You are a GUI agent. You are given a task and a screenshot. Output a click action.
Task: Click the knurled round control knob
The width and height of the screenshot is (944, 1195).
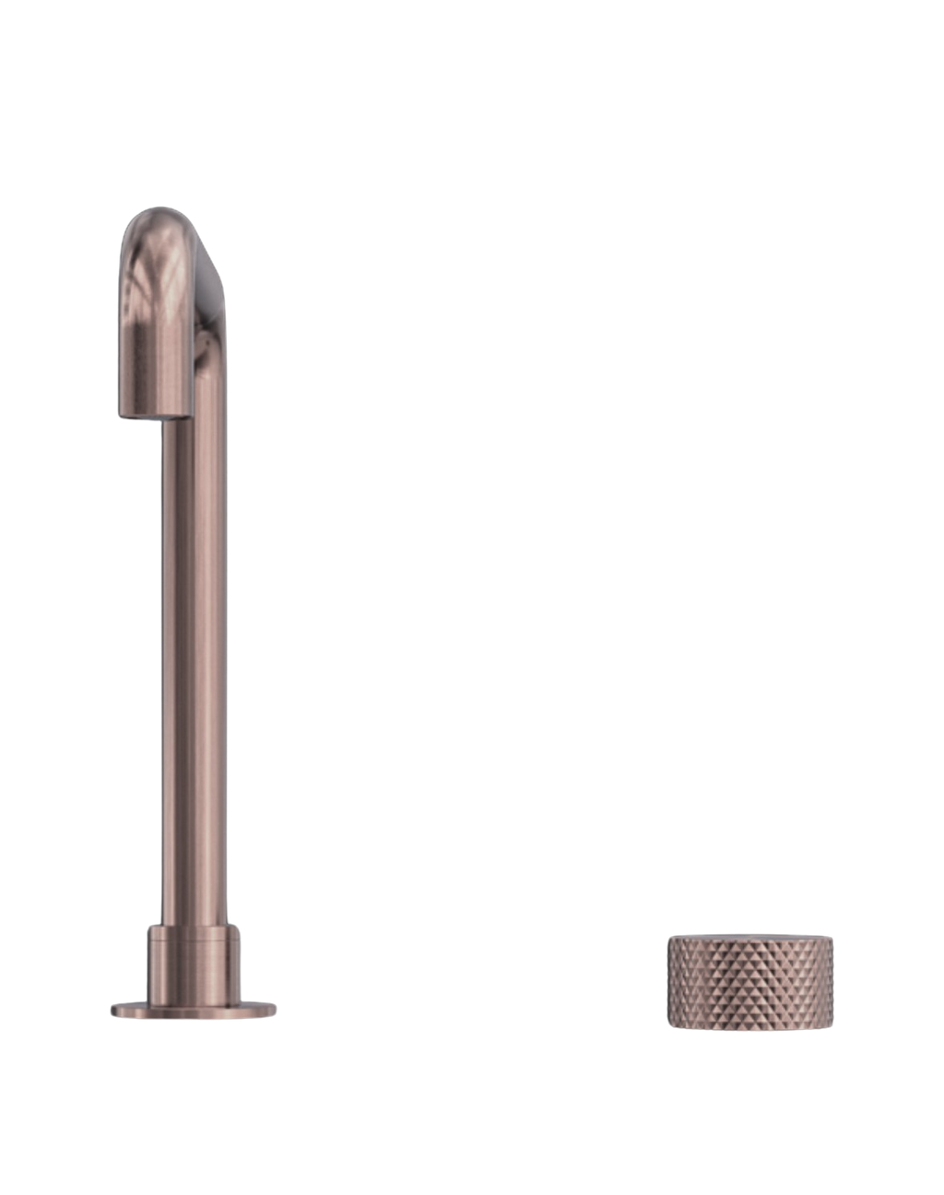tap(750, 981)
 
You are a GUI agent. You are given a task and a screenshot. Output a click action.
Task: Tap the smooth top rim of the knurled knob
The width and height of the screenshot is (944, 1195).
tap(750, 939)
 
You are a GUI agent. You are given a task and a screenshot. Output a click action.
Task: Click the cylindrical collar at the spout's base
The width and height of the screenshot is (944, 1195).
tap(195, 963)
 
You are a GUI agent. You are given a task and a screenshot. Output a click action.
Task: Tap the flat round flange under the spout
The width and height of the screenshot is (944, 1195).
tap(194, 1011)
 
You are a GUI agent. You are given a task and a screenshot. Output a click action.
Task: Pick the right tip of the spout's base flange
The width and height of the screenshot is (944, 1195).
tap(276, 1011)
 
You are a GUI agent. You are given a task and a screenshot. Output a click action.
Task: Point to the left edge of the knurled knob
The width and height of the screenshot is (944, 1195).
tap(668, 981)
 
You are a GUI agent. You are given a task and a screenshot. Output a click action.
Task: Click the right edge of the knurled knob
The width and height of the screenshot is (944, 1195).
tap(833, 981)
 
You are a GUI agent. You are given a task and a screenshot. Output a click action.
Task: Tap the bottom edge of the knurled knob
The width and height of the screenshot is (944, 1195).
tap(750, 1028)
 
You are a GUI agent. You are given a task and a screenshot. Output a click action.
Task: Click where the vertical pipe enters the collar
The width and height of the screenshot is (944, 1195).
tap(194, 926)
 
